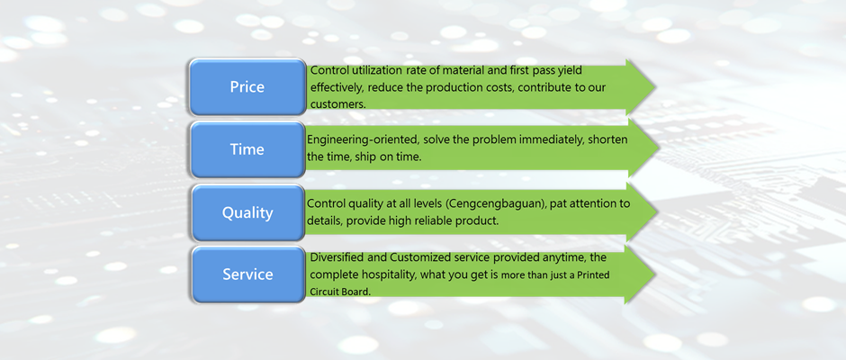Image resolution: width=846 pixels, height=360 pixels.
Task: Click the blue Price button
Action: tap(247, 87)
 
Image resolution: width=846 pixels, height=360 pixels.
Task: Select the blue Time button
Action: tap(247, 149)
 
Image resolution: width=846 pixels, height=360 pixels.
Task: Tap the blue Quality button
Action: tap(247, 212)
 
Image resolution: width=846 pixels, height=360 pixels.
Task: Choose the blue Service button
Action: tap(247, 274)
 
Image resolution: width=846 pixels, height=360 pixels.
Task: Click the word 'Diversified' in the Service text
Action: tap(339, 256)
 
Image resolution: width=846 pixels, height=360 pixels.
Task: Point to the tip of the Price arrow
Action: tap(654, 87)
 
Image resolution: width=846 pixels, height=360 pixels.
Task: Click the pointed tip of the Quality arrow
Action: tap(654, 212)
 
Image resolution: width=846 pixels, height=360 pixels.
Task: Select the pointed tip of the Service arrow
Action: tap(654, 274)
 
